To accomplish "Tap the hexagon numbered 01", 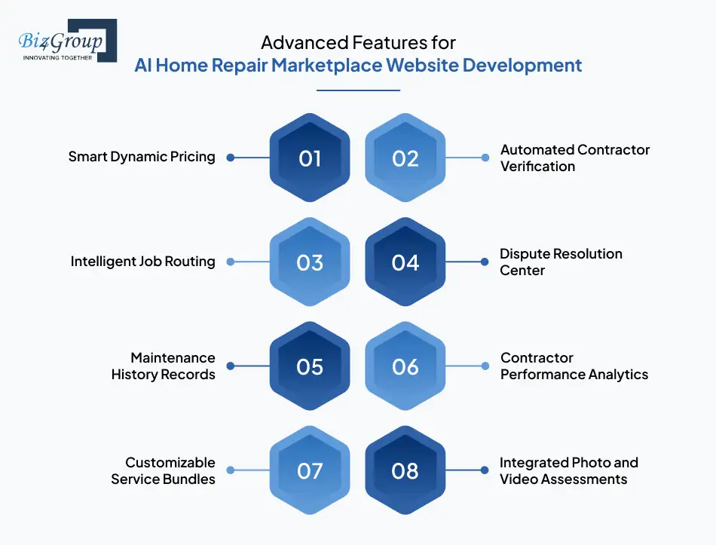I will point(310,158).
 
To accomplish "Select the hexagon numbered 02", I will point(405,158).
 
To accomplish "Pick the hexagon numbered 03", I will point(310,262).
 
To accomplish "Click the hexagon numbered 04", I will point(405,262).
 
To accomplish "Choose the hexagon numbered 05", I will point(310,366).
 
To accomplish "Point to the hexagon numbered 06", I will point(405,366).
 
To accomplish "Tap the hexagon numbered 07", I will point(310,470).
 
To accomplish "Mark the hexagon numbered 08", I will point(405,470).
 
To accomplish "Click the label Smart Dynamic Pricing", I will point(142,157).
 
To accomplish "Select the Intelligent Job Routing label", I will point(142,262).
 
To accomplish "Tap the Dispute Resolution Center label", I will point(561,262).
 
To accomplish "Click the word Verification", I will point(537,166).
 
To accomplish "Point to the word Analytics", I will point(618,375).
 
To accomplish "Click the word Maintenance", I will point(173,358).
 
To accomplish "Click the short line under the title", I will point(358,90).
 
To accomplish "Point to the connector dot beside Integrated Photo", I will point(485,470).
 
